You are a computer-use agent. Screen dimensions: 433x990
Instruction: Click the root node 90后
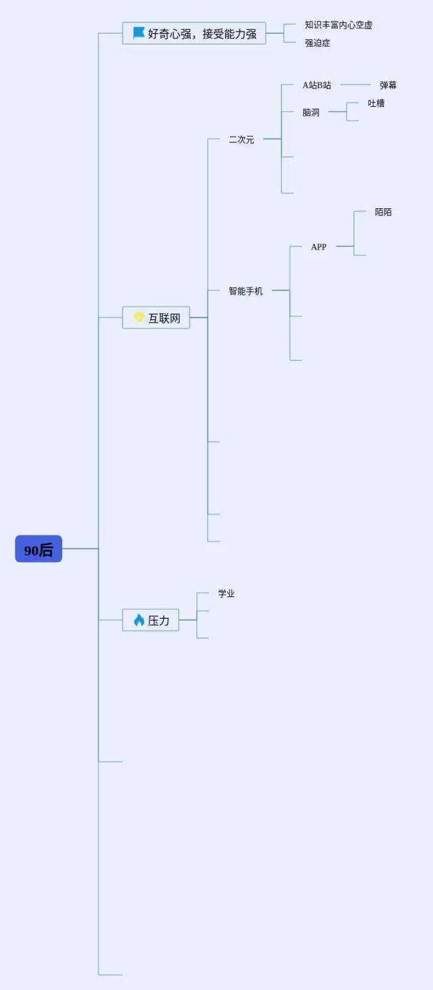point(39,548)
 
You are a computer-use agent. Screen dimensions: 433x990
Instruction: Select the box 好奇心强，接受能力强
point(194,33)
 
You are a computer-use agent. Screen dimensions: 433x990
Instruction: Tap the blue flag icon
point(139,32)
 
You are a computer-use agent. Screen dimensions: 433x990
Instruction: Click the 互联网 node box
point(156,317)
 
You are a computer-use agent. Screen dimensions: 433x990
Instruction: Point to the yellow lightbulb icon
point(139,317)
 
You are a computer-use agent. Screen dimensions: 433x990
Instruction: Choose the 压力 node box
point(150,619)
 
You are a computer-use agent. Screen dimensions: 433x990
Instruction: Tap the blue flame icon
point(139,619)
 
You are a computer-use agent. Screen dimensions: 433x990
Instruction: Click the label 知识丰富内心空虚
point(338,25)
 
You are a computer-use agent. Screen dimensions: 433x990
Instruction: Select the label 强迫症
point(317,43)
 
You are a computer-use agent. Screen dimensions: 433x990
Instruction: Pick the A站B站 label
point(317,85)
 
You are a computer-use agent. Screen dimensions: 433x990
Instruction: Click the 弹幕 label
point(388,85)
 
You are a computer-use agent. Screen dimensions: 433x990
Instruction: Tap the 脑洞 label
point(311,112)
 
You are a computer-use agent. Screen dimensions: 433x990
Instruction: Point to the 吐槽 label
point(376,103)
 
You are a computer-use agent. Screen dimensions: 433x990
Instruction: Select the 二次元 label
point(242,139)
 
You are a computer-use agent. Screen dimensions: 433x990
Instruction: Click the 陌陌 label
point(383,212)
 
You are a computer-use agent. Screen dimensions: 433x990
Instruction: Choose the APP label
point(319,247)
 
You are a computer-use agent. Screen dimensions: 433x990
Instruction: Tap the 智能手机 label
point(246,291)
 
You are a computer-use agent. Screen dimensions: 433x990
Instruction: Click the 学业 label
point(226,593)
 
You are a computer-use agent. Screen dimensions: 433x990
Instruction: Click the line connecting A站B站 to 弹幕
point(356,85)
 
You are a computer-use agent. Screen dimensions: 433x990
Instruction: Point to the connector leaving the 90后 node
point(80,548)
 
